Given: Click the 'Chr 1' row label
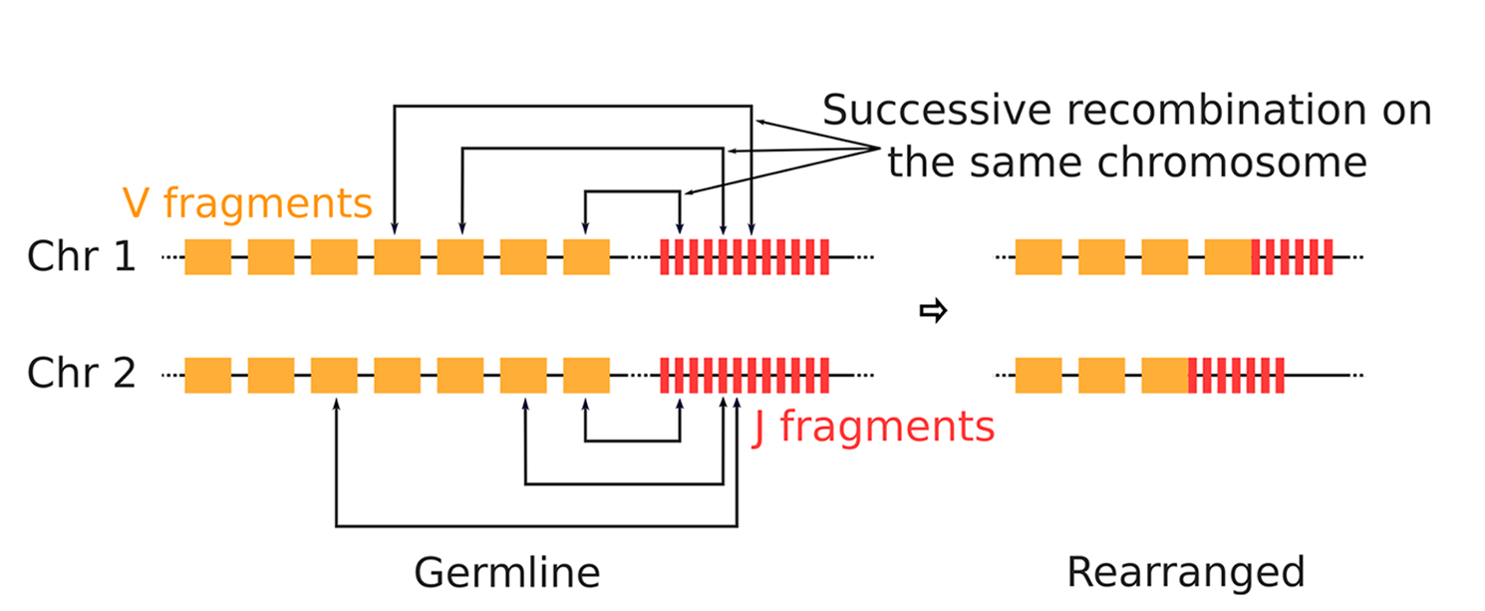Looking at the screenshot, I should point(81,257).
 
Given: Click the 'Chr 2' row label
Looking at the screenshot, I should point(81,374).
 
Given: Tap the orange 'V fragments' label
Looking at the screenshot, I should point(247,203).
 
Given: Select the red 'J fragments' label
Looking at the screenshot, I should point(873,427).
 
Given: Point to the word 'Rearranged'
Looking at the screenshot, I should point(1185,572).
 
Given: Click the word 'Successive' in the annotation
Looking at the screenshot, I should point(938,110).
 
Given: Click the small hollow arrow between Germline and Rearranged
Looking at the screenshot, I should point(932,312).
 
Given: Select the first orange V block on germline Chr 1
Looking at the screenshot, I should point(207,257).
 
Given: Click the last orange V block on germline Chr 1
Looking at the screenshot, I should point(586,257).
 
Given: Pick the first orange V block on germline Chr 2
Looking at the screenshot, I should point(207,375).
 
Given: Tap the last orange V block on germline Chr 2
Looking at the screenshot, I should point(586,375).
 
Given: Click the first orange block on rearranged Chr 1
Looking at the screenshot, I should point(1038,257).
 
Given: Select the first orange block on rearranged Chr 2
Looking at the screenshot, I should point(1038,375).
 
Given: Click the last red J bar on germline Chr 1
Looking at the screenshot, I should point(824,257).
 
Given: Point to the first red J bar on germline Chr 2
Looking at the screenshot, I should point(663,375).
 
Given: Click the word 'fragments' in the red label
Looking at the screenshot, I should point(887,427).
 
